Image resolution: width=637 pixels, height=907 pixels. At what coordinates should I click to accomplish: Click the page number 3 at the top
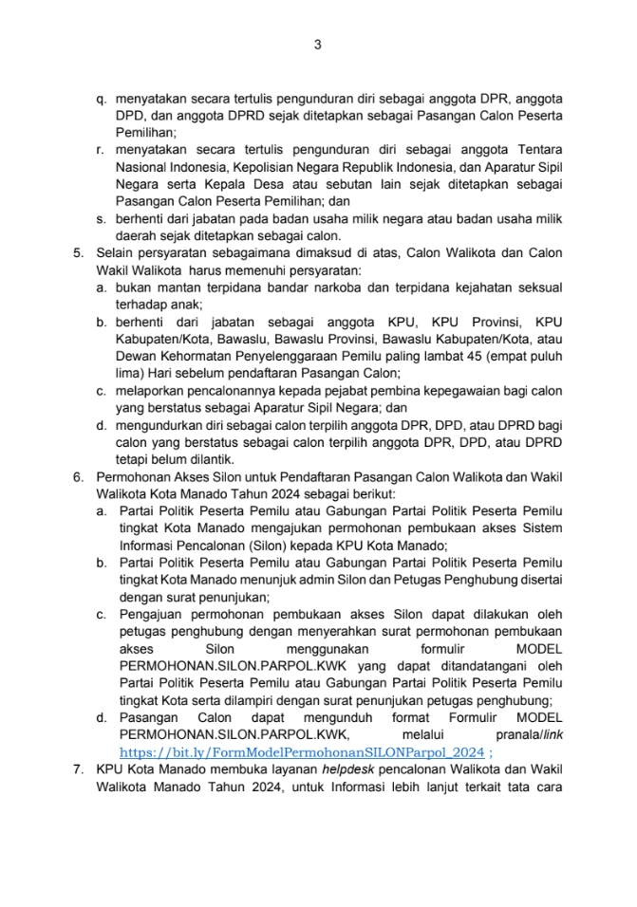tap(318, 45)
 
